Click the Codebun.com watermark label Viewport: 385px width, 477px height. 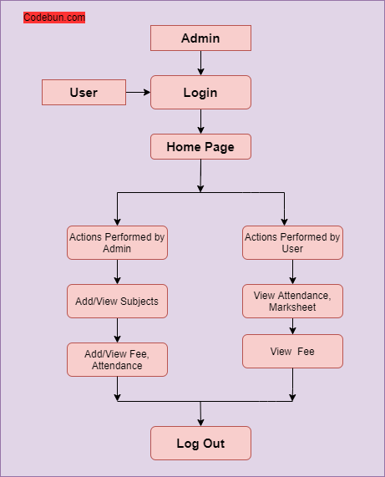point(54,18)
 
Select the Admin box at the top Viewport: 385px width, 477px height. point(200,38)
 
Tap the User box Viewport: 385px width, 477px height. point(84,93)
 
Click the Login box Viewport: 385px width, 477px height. point(200,93)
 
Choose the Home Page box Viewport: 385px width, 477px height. point(200,147)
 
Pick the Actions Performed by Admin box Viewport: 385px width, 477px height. point(118,243)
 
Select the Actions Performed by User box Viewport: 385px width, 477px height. point(292,243)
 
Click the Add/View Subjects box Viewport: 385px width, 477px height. point(118,302)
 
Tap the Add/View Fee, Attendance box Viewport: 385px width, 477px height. point(118,359)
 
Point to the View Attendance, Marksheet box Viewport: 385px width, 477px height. point(292,302)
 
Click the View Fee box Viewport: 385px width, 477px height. point(292,352)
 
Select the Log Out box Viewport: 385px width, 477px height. point(200,444)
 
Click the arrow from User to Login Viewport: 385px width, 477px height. point(138,92)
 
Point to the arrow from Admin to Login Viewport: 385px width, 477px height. point(200,63)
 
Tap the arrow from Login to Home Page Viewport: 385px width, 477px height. point(200,121)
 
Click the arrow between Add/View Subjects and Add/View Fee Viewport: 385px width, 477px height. point(118,330)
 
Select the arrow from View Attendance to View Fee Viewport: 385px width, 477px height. point(292,326)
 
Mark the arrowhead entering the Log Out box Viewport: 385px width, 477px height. point(200,423)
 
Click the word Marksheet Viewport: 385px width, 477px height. point(292,307)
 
